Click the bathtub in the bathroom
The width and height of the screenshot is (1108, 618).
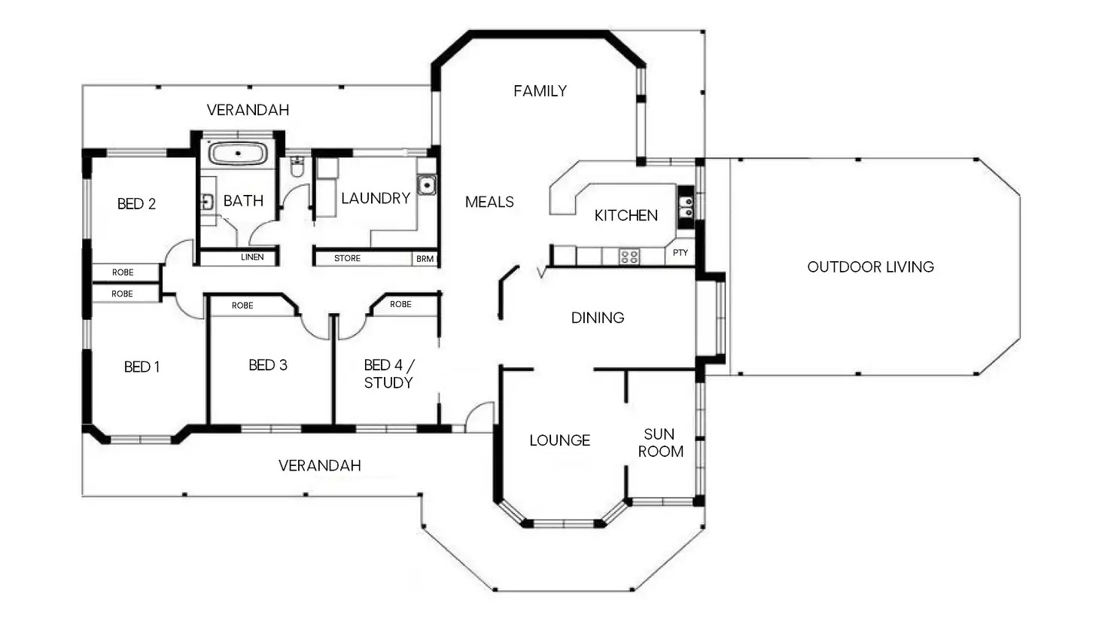(x=238, y=154)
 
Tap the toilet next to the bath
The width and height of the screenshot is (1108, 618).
(x=297, y=167)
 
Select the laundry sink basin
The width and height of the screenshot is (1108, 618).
(x=426, y=185)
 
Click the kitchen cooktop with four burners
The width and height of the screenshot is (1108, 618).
(x=629, y=256)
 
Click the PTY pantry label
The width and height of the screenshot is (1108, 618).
(x=680, y=252)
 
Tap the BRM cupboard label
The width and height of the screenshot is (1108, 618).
(x=425, y=259)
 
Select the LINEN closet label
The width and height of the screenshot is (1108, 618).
(x=252, y=257)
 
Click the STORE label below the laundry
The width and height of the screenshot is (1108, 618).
(x=347, y=258)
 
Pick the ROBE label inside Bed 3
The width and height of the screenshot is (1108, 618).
(x=242, y=306)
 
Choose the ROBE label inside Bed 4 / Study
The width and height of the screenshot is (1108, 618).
(x=400, y=304)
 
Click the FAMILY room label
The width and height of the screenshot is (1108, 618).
(x=540, y=91)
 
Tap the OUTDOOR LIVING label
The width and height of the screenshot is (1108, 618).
(x=871, y=267)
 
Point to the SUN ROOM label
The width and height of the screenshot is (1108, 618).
(x=660, y=443)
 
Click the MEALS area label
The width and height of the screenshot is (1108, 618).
(x=490, y=202)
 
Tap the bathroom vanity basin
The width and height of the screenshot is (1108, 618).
(x=207, y=202)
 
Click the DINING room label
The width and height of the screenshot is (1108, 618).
(x=598, y=318)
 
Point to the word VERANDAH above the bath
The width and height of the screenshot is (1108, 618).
(x=248, y=110)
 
